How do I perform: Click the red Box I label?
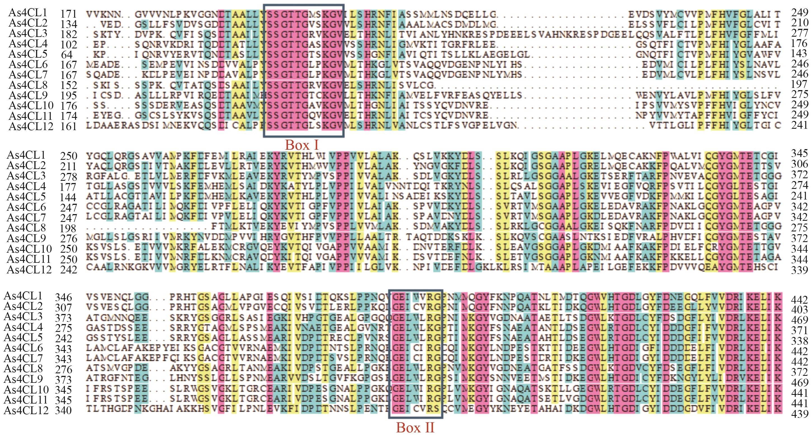302,145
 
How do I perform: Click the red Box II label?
415,428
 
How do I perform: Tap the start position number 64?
67,55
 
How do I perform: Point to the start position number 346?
63,297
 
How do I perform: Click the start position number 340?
63,411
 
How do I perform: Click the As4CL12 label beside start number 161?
31,126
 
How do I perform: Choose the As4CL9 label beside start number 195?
28,95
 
